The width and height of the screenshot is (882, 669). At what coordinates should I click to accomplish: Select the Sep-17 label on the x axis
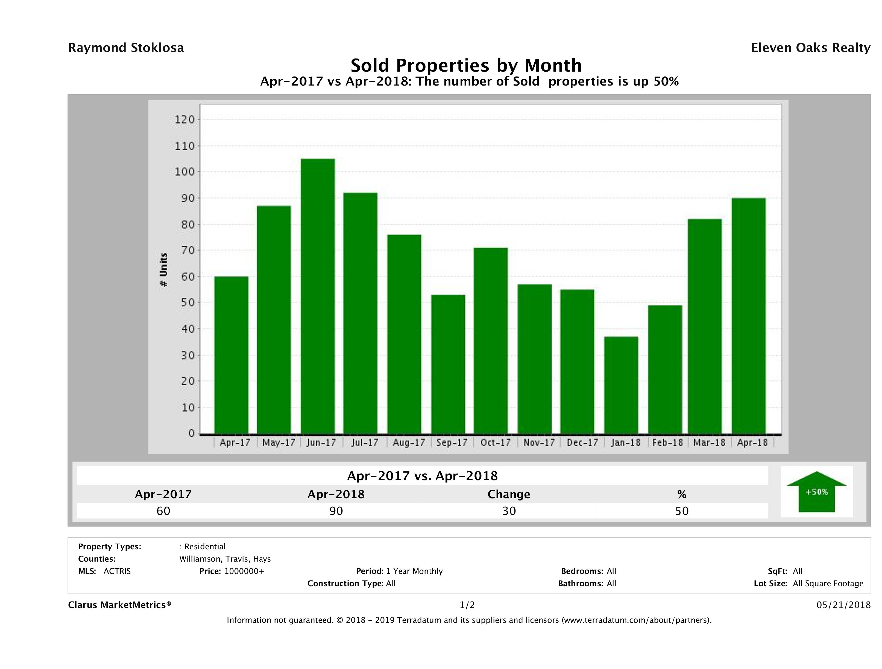pos(452,442)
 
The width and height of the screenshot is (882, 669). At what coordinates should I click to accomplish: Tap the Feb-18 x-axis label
pos(667,442)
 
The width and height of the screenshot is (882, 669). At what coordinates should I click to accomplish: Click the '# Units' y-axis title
pos(163,270)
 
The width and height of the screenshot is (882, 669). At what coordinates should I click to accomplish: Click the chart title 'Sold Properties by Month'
pos(466,65)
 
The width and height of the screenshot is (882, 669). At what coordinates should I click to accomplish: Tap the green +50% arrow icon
pos(816,492)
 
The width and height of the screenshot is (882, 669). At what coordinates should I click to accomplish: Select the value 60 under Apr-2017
pos(163,511)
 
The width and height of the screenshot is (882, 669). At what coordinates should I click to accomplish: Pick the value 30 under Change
pos(509,511)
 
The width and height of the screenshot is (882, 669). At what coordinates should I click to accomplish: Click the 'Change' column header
pos(509,494)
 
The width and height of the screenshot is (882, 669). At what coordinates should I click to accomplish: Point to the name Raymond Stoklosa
pos(126,48)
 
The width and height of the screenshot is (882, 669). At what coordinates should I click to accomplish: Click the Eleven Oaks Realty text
pos(810,48)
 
